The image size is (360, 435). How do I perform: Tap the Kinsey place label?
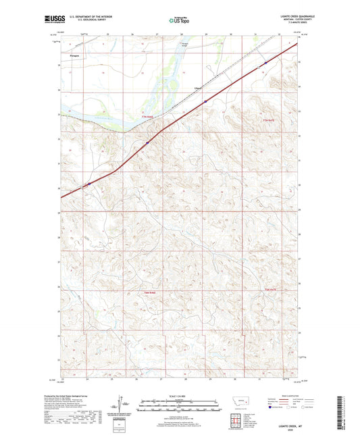198,88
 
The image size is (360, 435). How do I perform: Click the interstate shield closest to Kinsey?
205,101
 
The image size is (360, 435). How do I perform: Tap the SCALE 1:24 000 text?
179,395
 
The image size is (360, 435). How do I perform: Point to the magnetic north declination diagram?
121,405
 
